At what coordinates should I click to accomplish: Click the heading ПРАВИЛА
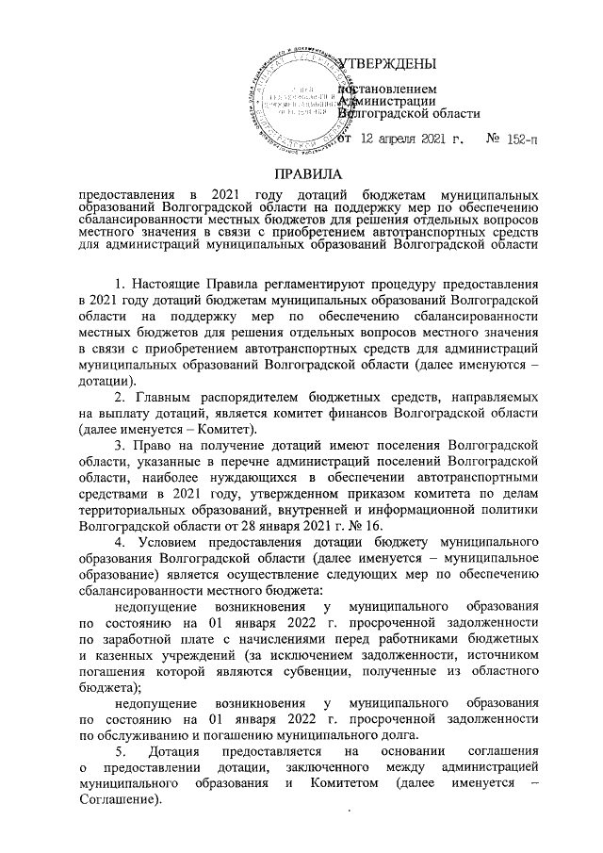point(301,175)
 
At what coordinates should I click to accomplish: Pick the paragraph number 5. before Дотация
point(121,752)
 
